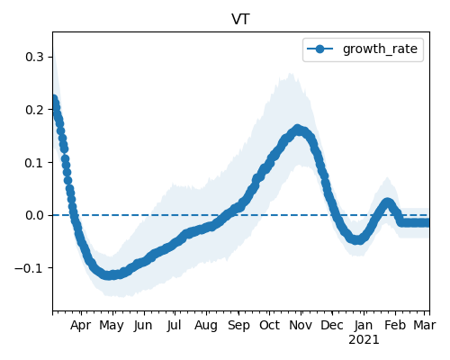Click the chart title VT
click(240, 20)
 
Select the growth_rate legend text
click(380, 49)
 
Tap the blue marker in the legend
click(320, 49)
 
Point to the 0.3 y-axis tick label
click(35, 57)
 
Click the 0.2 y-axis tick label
click(35, 110)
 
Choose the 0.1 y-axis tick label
click(35, 163)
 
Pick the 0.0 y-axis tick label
click(35, 215)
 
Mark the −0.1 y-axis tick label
click(30, 268)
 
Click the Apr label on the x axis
click(80, 326)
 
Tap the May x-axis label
click(112, 326)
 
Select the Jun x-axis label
click(143, 326)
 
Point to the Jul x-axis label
click(174, 326)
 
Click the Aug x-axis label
click(206, 326)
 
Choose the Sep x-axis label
click(238, 326)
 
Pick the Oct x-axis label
click(269, 326)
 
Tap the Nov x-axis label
click(301, 326)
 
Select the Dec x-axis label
click(332, 326)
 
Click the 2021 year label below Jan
click(364, 340)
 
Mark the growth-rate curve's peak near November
click(297, 130)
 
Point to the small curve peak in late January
click(387, 202)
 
